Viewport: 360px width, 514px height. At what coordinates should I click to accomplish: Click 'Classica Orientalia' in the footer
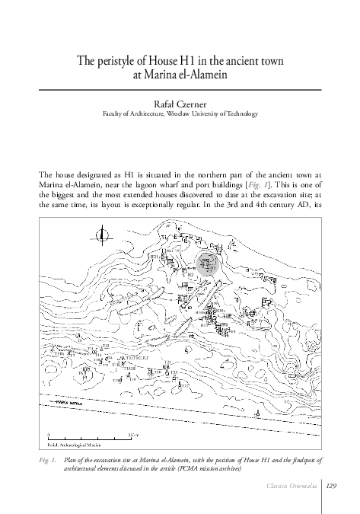coord(293,487)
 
